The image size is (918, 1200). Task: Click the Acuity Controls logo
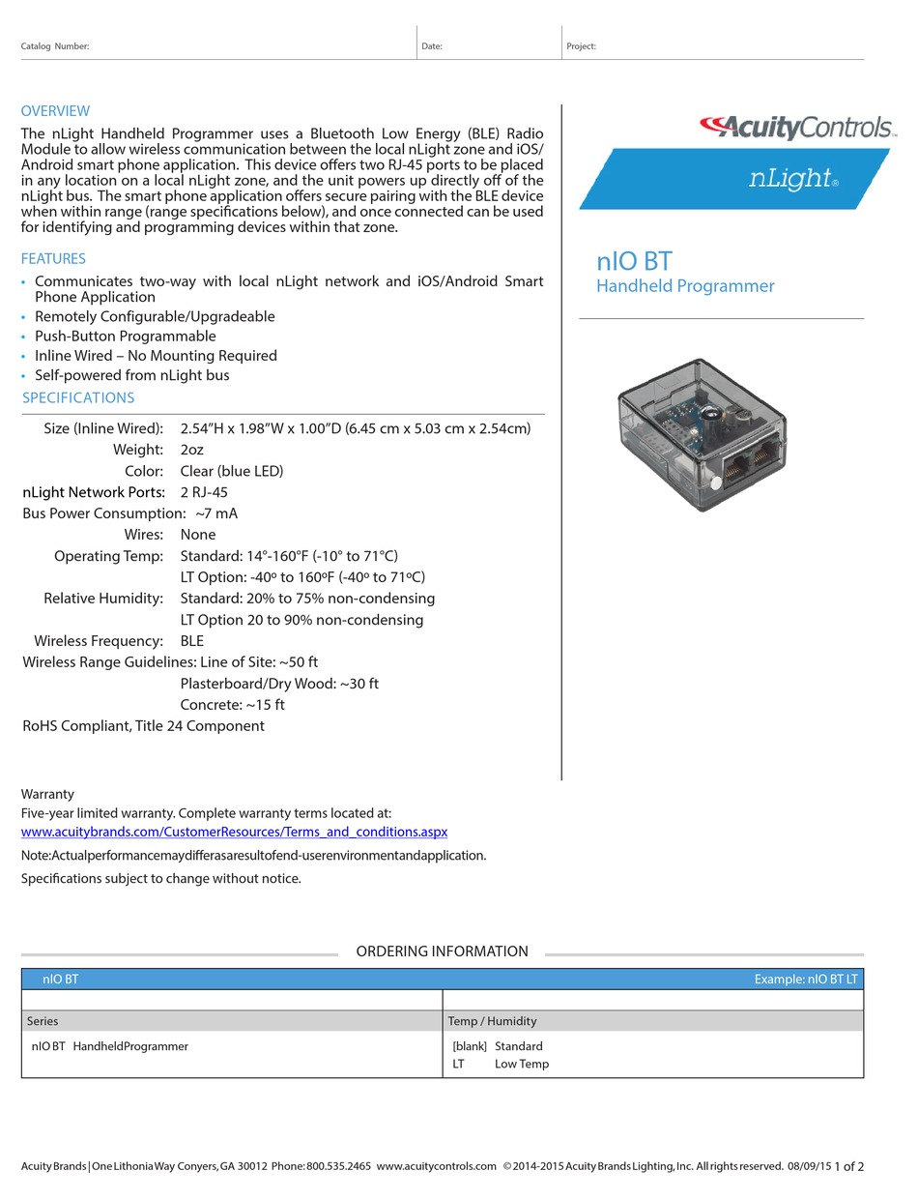pos(796,127)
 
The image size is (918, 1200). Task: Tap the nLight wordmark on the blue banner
pos(791,178)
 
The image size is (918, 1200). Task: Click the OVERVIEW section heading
pos(55,111)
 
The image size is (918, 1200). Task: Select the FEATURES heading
pos(53,259)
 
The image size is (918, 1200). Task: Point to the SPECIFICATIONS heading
pos(78,398)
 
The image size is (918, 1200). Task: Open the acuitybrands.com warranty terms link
pos(234,832)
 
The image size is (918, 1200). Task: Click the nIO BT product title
pos(634,261)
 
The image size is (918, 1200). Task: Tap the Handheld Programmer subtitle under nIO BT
pos(685,286)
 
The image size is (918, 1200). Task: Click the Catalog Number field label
pos(55,46)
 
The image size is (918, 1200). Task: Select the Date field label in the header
pos(432,46)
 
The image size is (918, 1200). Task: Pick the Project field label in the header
pos(581,46)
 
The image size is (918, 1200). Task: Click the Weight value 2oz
pos(192,450)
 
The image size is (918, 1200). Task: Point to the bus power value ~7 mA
pos(216,513)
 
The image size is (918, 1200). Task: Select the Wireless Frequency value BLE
pos(192,641)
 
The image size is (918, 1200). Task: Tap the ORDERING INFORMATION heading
pos(442,951)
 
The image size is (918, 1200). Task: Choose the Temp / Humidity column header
pos(492,1021)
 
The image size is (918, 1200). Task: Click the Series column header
pos(43,1021)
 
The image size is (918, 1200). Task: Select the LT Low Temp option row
pos(501,1064)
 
